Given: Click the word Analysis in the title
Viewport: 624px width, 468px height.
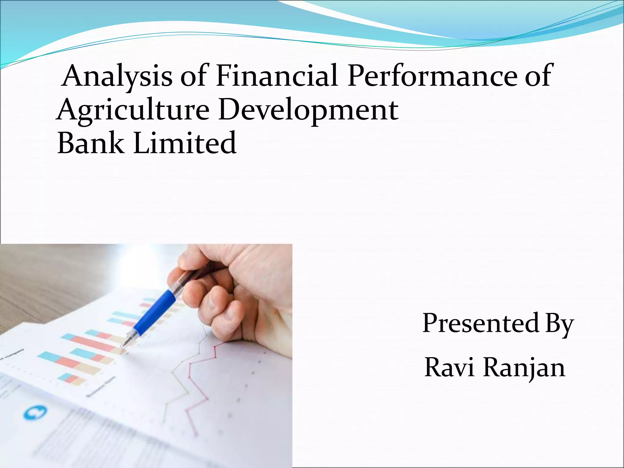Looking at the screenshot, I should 117,76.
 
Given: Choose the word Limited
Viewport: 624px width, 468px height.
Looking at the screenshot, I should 185,143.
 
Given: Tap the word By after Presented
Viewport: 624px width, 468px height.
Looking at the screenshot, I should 559,324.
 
